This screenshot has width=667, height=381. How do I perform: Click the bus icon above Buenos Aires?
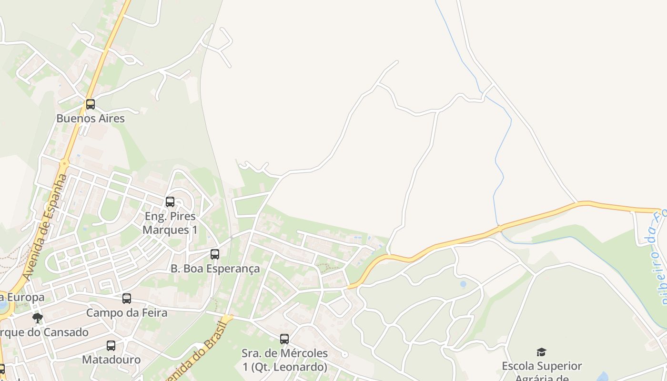[x=90, y=104]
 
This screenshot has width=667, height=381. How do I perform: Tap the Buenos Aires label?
[x=91, y=119]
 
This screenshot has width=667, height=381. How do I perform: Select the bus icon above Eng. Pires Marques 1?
[x=170, y=202]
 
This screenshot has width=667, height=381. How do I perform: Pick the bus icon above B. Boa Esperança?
[x=215, y=254]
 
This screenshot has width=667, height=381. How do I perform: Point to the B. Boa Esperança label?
[x=215, y=269]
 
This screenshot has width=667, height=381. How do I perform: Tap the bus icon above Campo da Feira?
[x=127, y=299]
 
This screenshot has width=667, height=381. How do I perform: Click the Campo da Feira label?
[x=127, y=313]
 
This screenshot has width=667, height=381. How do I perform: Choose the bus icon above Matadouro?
[x=111, y=346]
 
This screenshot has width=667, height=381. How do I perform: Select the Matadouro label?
[x=111, y=360]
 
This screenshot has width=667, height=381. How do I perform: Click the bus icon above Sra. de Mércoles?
[x=284, y=339]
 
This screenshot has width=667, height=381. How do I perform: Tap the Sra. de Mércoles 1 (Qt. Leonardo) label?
[x=285, y=360]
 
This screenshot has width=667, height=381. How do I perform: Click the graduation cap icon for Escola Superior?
[x=541, y=352]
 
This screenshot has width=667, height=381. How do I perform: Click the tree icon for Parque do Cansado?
[x=38, y=318]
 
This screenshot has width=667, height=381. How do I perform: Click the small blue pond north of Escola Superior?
[x=463, y=284]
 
